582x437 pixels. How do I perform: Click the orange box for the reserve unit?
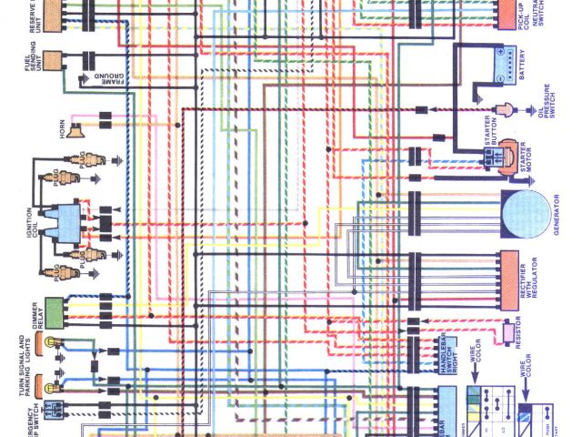tap(46, 15)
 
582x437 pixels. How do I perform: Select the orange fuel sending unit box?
tap(46, 63)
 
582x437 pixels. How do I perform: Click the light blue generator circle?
tap(529, 215)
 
